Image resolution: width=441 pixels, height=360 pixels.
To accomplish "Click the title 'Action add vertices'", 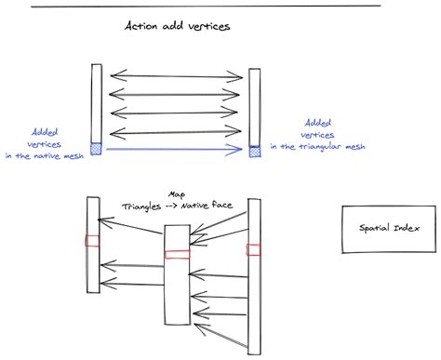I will point(177,27).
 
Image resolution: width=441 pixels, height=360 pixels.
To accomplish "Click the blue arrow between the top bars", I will point(176,148).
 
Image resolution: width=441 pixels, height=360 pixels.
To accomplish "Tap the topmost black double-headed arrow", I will point(176,75).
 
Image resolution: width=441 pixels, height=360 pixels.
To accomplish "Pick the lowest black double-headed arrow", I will point(176,130).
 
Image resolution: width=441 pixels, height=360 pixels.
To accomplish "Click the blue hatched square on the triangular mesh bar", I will point(254,149).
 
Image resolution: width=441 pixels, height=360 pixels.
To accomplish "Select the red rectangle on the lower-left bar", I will point(92,241).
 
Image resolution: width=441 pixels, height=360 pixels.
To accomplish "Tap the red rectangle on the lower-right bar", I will point(253,248).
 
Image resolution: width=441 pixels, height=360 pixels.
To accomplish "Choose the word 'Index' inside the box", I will point(405,228).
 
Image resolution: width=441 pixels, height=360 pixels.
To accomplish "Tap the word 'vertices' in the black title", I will point(207,27).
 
